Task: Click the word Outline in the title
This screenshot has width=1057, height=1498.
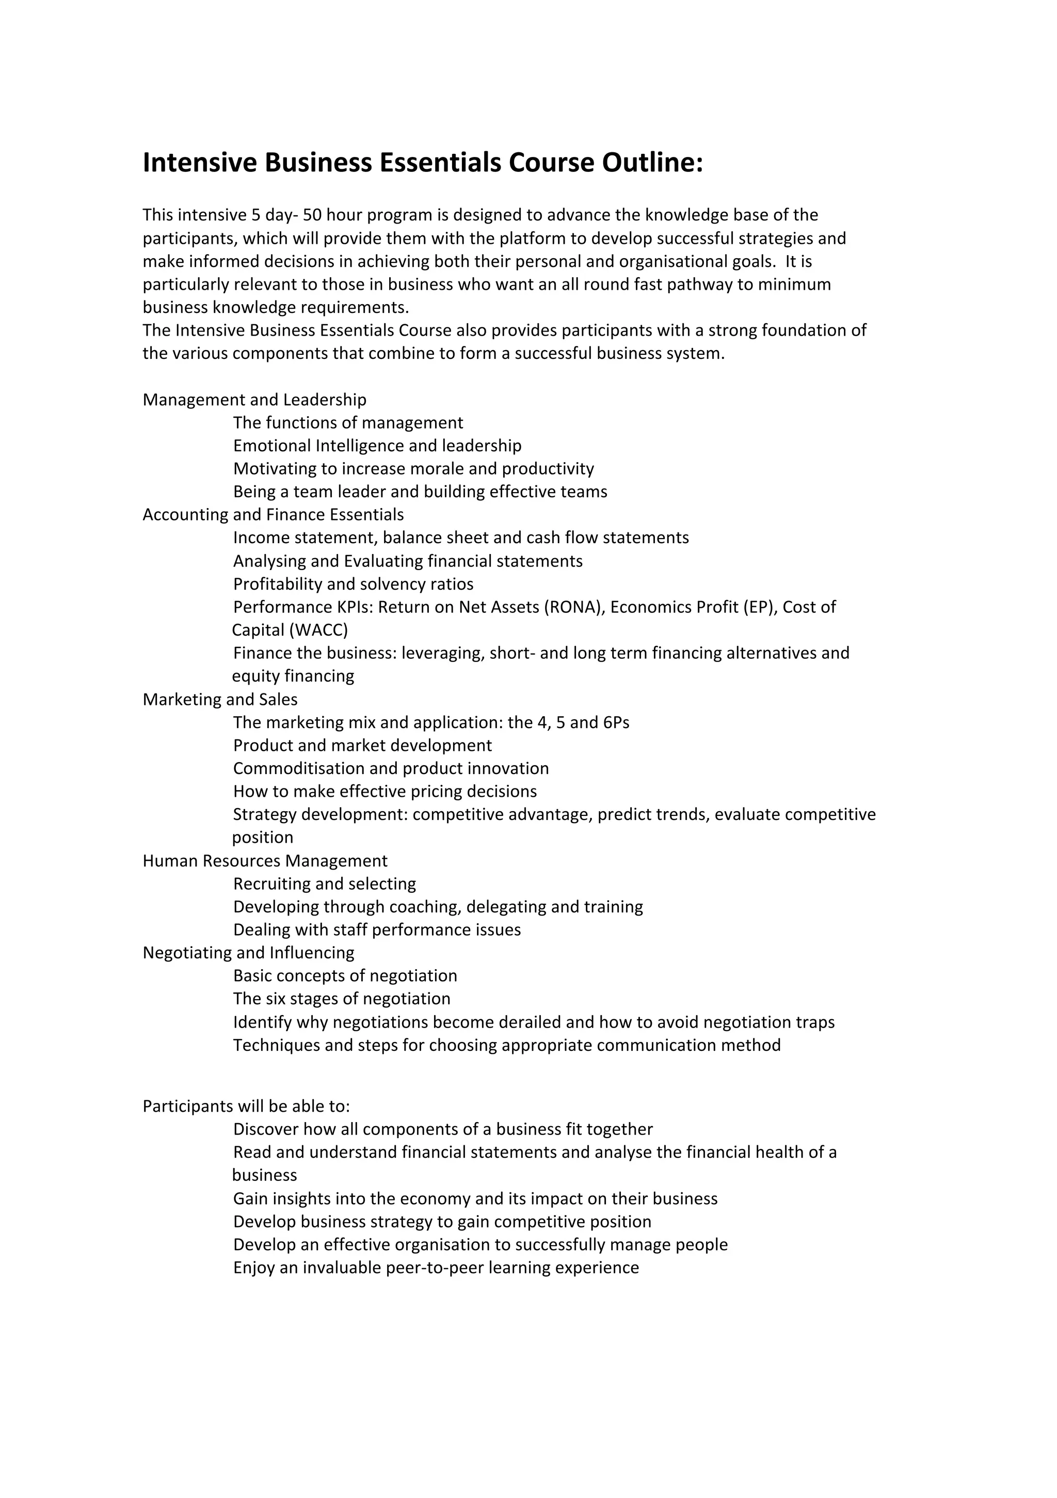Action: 652,163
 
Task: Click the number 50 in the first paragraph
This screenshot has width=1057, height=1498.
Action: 312,215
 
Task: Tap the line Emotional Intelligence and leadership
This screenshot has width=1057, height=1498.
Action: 377,446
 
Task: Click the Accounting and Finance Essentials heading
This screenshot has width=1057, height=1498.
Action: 273,515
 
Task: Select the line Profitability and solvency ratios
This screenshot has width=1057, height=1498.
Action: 353,584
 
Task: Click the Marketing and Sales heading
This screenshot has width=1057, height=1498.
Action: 220,699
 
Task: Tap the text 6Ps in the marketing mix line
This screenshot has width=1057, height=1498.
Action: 616,722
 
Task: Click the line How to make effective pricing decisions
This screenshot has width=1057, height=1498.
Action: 385,792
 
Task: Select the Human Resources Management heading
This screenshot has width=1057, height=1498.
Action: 265,861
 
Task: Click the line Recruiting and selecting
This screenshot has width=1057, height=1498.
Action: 324,884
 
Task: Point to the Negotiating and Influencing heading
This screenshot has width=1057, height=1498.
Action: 248,953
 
